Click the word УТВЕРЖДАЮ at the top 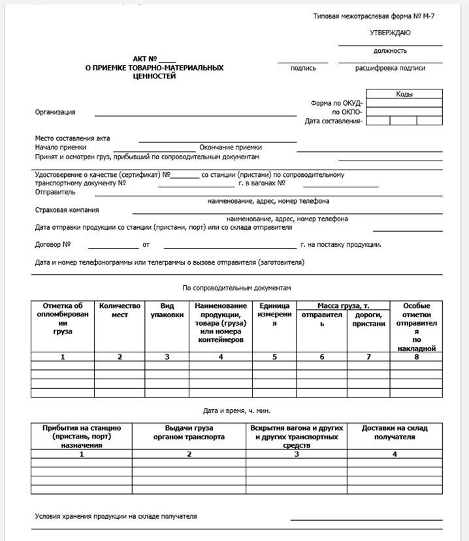pos(390,33)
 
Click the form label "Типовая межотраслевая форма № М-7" pos(374,14)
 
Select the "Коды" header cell pos(404,94)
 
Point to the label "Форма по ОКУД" pos(337,103)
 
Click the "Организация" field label pos(55,112)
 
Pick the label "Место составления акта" pos(73,138)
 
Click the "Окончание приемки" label pos(231,147)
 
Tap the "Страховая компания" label pos(67,210)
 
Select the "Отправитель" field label pos(55,192)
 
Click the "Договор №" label pos(52,245)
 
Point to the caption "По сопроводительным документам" pos(236,287)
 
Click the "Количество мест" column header pos(120,310)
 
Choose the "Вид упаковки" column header pos(167,310)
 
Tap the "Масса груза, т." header pos(343,305)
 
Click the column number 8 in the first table pos(416,356)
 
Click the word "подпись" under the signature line pos(303,68)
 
